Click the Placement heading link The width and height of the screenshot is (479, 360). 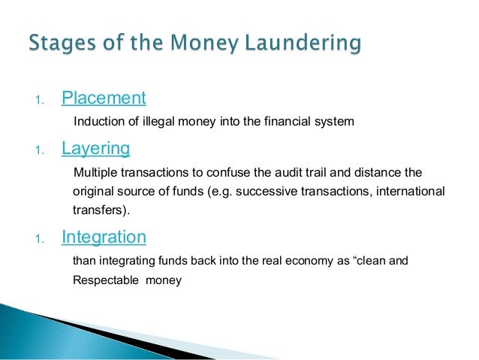[x=104, y=98]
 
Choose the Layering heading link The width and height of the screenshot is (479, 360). [x=95, y=148]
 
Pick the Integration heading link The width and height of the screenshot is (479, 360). [x=104, y=237]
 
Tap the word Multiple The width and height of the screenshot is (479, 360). [x=94, y=173]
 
